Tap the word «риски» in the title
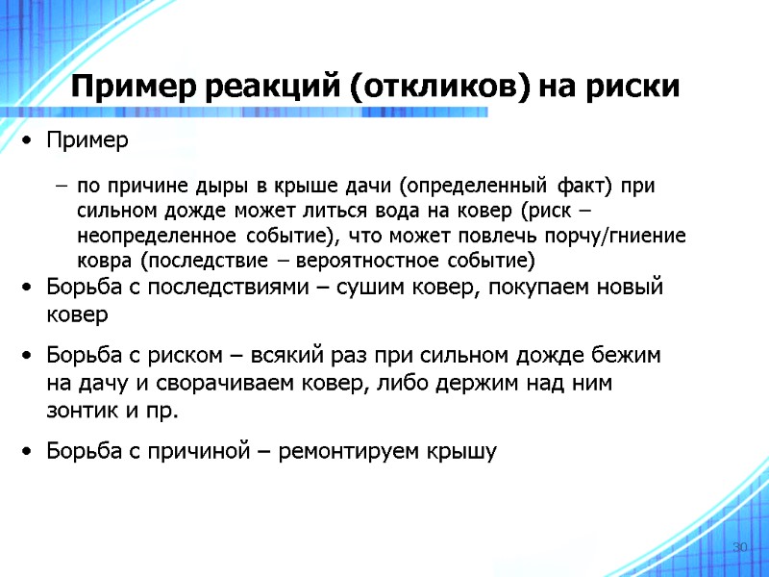(634, 88)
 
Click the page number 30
(739, 547)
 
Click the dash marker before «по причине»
(62, 186)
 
